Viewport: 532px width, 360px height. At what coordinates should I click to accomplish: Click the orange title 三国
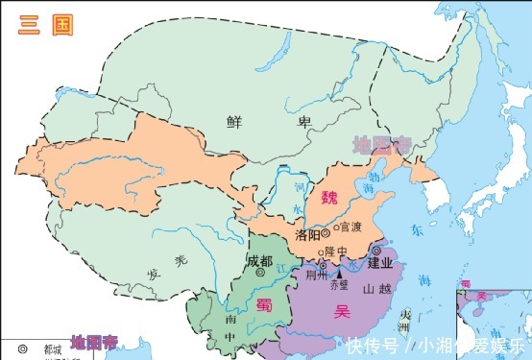click(x=43, y=26)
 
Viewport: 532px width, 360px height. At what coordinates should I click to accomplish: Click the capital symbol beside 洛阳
click(x=326, y=232)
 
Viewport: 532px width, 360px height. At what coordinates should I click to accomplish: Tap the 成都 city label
click(x=259, y=260)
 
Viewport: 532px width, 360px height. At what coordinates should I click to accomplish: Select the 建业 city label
click(x=380, y=262)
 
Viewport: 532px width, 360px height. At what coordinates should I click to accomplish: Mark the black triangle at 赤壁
click(x=339, y=275)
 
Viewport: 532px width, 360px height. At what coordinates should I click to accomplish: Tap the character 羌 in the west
click(x=180, y=261)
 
